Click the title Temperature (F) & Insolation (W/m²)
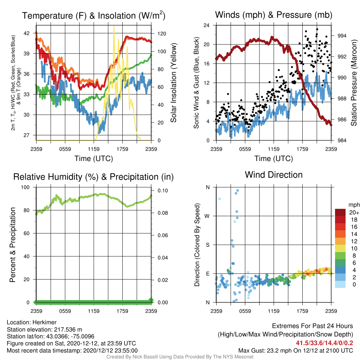tap(94, 15)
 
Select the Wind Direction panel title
tap(274, 175)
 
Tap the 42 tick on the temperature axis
tap(27, 33)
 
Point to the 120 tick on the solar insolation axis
tap(162, 34)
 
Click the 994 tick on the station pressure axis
tap(342, 36)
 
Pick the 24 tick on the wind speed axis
tap(206, 25)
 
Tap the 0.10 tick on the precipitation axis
tap(163, 191)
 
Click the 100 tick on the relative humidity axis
tap(25, 187)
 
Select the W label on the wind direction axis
tap(207, 216)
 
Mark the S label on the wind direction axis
tap(207, 245)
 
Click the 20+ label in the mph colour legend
tap(354, 213)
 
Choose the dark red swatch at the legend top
tap(340, 212)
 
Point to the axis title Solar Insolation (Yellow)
tap(174, 83)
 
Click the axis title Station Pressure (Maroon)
tap(354, 83)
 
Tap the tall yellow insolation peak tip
tap(114, 26)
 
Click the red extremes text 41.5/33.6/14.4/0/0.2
tap(324, 343)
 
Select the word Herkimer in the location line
tap(44, 322)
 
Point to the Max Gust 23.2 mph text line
tap(295, 351)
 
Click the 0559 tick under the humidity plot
tap(65, 311)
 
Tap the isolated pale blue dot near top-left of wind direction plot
tap(219, 199)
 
